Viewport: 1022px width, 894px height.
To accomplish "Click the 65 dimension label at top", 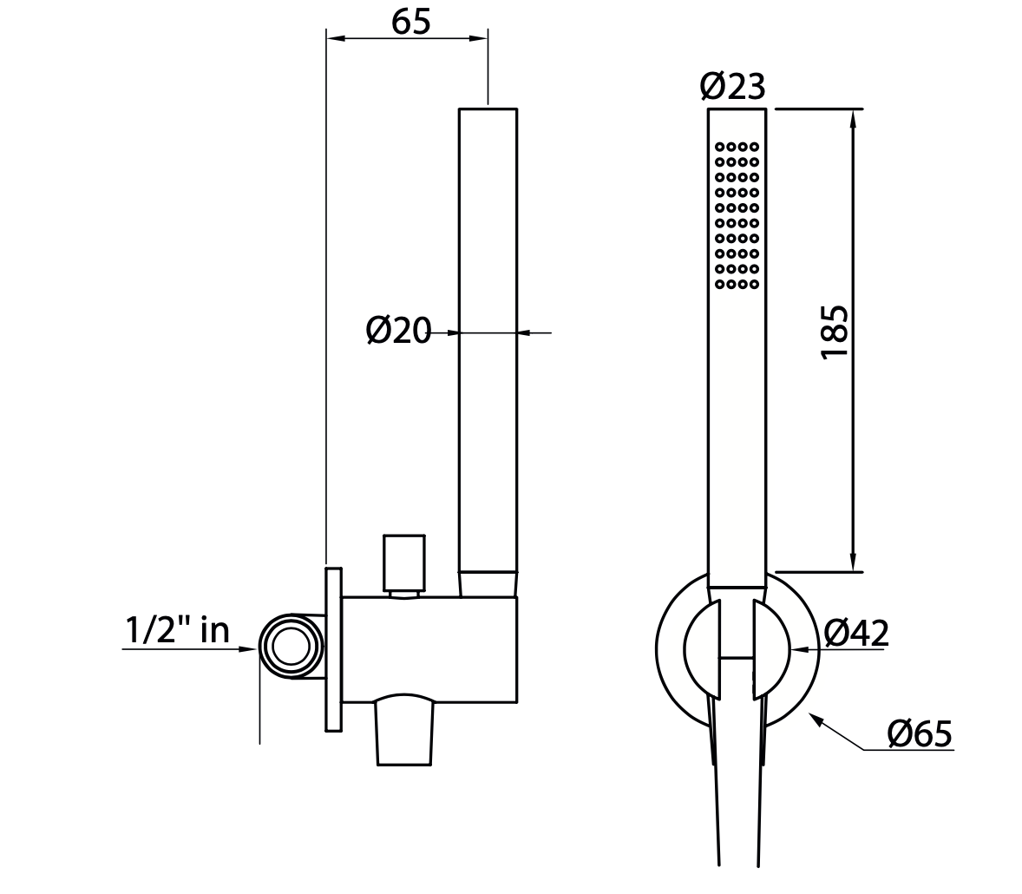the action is coord(410,22).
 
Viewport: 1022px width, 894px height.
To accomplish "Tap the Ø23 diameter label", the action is coord(732,86).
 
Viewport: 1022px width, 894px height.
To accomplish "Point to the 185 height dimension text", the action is coord(835,332).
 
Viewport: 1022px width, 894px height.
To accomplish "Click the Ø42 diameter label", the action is coord(856,633).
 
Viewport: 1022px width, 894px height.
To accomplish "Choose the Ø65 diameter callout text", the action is coord(920,733).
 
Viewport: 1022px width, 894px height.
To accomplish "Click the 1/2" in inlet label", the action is coord(177,630).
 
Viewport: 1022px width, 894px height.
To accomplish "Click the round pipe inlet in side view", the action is coord(291,647).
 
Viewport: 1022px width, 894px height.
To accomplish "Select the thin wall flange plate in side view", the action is coord(334,649).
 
